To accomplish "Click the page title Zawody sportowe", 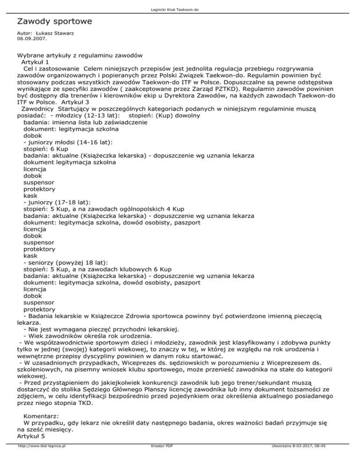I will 54,22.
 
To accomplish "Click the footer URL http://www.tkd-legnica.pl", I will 41,459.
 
